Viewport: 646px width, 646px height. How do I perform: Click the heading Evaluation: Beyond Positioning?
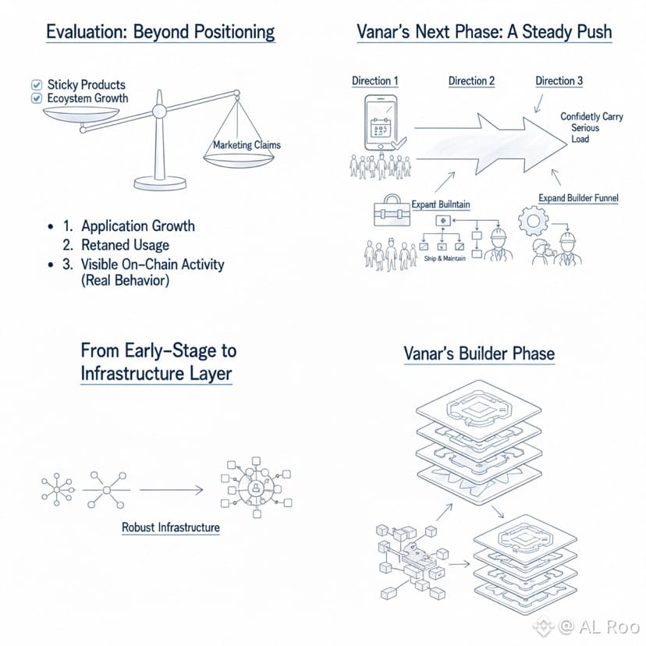pos(160,32)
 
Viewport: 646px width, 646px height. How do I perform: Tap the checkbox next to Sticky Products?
pos(35,84)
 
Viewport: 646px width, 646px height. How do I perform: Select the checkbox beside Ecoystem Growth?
pos(35,98)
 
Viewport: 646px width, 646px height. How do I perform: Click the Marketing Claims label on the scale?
pos(247,144)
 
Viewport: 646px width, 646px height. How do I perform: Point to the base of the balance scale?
pos(160,183)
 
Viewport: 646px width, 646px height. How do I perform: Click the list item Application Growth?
pos(138,226)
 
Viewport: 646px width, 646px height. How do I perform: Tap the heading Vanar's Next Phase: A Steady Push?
pos(484,32)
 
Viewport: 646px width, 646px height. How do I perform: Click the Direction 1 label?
pos(375,81)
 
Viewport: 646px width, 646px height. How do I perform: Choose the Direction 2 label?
pos(472,81)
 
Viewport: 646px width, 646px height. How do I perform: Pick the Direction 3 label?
pos(559,81)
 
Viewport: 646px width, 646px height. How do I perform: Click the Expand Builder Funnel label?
pos(578,198)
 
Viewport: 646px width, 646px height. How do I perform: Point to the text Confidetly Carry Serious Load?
pos(591,128)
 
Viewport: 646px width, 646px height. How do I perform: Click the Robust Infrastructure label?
pos(171,527)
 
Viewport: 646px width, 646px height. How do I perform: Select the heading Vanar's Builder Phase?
pos(479,353)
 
